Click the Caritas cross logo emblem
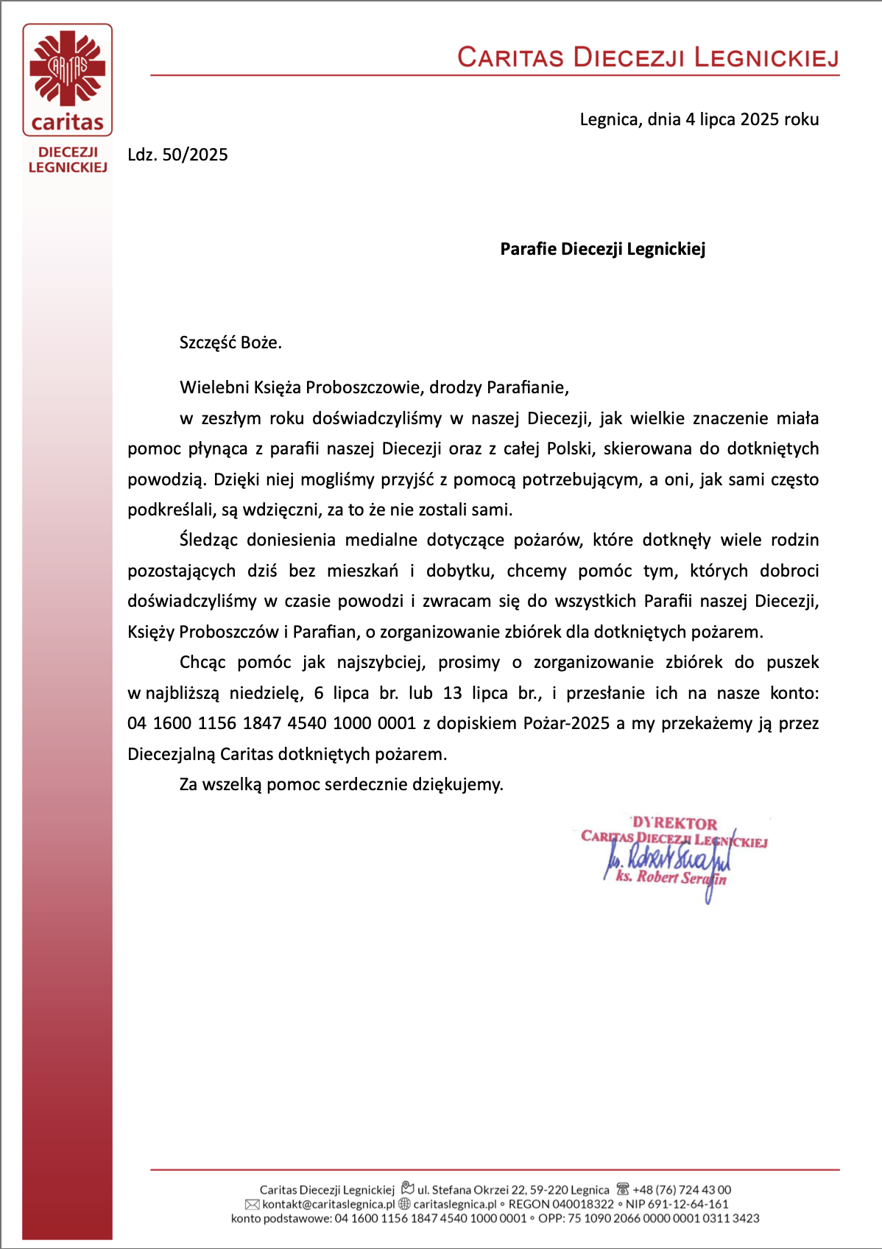(x=67, y=68)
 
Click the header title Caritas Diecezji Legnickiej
(x=648, y=57)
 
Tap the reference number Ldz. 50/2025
(x=177, y=155)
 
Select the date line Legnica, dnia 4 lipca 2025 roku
(x=699, y=119)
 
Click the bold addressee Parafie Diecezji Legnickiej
(x=602, y=249)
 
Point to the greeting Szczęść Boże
(x=230, y=342)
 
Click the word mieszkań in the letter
(x=362, y=571)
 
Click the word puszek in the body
(x=792, y=662)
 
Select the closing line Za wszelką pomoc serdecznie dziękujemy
(x=341, y=784)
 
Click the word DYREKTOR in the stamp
(x=674, y=823)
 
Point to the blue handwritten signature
(x=666, y=861)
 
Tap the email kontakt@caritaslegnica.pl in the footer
(x=328, y=1204)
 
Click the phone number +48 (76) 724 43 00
(x=682, y=1189)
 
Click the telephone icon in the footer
(x=623, y=1189)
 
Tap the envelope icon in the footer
(x=252, y=1204)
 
